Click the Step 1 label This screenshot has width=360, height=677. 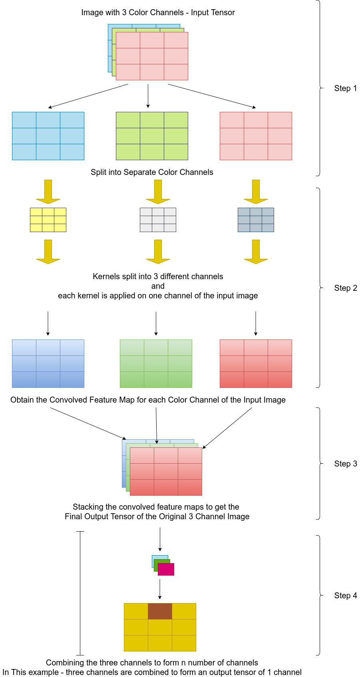[345, 88]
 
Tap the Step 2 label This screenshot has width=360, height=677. [345, 288]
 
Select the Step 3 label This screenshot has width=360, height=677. [345, 464]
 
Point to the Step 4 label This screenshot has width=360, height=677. [345, 596]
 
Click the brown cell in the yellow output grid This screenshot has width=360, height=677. [160, 611]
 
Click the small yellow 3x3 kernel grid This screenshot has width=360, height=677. [48, 220]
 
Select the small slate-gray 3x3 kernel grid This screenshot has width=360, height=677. [256, 220]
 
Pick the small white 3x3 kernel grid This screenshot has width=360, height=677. [158, 220]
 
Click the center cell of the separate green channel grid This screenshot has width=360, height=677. [152, 136]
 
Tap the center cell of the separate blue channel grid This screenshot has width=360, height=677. [48, 136]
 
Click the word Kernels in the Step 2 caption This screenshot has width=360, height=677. [105, 276]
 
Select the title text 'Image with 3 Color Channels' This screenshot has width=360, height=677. [132, 12]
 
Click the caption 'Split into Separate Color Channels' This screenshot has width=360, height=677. [152, 172]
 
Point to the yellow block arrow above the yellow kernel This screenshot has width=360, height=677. [48, 192]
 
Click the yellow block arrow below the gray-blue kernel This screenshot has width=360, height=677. [256, 252]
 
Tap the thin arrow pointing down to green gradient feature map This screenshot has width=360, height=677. [156, 324]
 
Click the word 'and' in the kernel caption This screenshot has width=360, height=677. [158, 286]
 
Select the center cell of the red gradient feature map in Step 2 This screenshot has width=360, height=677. [256, 363]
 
